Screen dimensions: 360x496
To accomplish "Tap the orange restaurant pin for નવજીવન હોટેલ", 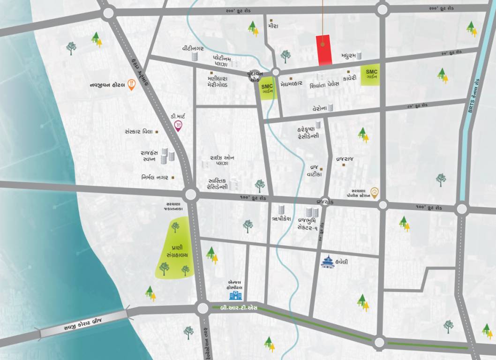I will click(132, 85).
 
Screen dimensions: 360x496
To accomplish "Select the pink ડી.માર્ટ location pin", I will click(178, 125).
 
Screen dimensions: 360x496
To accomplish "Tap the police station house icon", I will click(374, 191).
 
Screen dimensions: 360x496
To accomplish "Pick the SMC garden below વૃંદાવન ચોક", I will click(268, 89).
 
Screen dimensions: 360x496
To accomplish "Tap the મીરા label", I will click(273, 26).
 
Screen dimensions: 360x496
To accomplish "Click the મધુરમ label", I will click(345, 55).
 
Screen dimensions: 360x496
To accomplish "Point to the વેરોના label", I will click(318, 108).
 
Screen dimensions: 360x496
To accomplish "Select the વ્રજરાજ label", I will click(345, 159).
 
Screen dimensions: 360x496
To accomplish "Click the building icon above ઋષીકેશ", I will click(281, 210).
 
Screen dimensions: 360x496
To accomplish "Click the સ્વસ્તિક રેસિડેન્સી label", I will click(218, 183).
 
